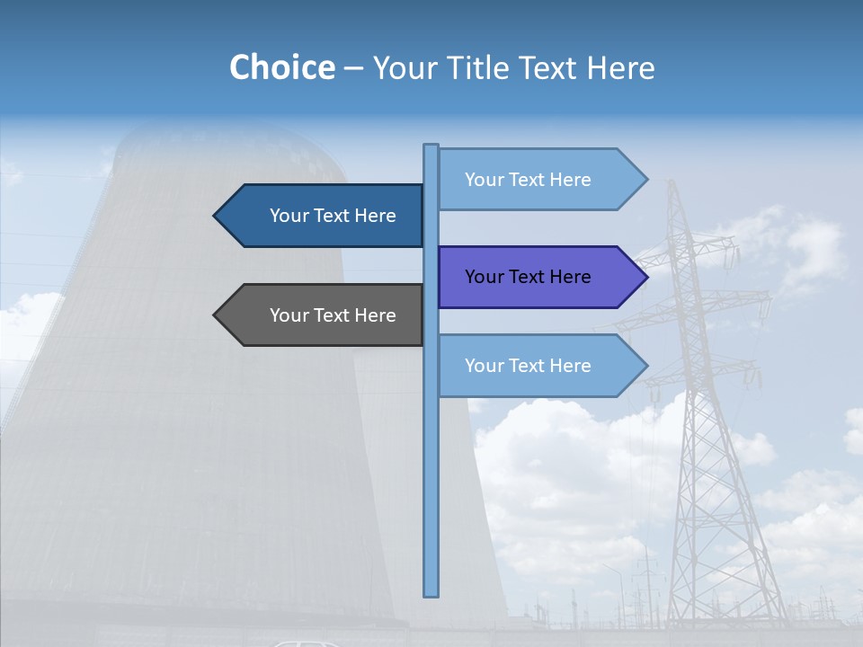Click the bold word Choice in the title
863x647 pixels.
(x=281, y=68)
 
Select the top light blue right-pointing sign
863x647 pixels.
(x=530, y=180)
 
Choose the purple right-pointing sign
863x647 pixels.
(x=530, y=277)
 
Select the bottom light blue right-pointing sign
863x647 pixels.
(x=530, y=366)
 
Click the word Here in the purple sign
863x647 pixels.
(x=569, y=277)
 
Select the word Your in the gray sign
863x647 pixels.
(x=289, y=315)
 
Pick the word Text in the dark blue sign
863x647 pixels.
(x=333, y=216)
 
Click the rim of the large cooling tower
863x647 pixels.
(x=234, y=135)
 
